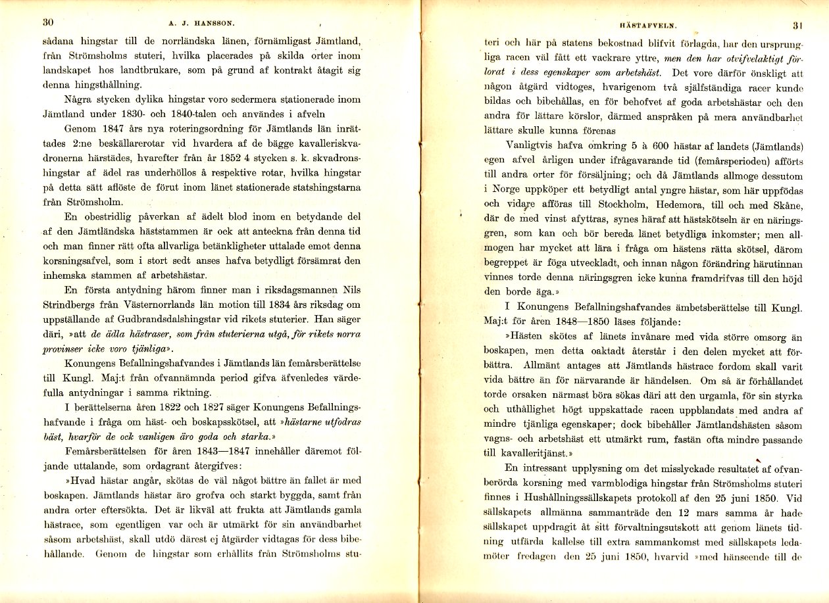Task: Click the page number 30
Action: (47, 21)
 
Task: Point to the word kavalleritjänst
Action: (534, 453)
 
